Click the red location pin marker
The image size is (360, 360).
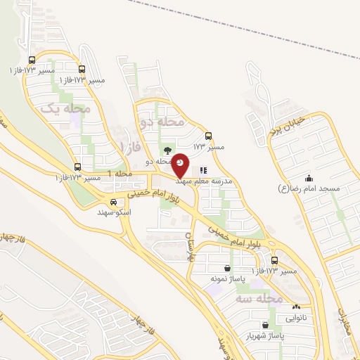click(181, 165)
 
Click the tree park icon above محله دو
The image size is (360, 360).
click(167, 150)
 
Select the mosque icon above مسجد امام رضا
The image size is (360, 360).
click(309, 178)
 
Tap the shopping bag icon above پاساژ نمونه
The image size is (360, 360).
click(226, 269)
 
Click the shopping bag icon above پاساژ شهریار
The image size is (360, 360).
click(264, 325)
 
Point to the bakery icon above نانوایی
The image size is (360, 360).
click(296, 307)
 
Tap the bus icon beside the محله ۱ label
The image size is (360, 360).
click(77, 167)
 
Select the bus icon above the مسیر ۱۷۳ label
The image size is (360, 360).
click(208, 136)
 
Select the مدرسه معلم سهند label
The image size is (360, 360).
click(209, 180)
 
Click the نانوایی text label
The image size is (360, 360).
click(295, 317)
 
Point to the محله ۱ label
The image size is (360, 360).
click(120, 173)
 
